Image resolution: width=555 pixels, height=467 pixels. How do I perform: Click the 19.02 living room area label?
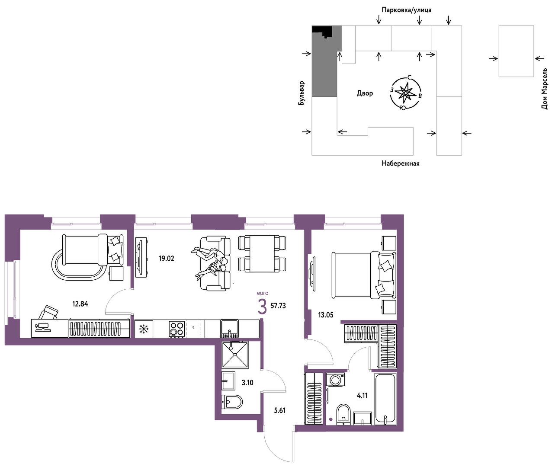(x=167, y=258)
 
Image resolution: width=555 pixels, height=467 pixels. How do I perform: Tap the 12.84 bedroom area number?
(x=80, y=304)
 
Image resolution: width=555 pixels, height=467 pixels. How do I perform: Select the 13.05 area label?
(x=326, y=315)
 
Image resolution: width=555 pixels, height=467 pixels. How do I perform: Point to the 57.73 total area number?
(x=278, y=306)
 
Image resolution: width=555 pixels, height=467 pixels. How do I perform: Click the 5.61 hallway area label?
(x=279, y=410)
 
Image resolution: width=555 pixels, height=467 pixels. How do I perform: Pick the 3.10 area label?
(x=247, y=383)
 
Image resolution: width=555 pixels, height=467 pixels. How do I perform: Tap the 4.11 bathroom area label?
(x=362, y=396)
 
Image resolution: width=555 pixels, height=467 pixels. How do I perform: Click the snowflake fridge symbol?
(x=144, y=329)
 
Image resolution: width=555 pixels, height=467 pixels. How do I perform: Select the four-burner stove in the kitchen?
(x=177, y=329)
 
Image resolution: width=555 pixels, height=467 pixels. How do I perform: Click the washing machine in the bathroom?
(x=335, y=380)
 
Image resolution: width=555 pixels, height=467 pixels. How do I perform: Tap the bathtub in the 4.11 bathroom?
(x=385, y=399)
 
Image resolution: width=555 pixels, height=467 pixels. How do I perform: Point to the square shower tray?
(x=235, y=355)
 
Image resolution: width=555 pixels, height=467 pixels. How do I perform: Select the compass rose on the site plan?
(x=405, y=93)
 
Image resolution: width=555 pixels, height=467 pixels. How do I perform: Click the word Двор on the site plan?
(x=365, y=93)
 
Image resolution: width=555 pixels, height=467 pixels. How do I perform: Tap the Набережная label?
(x=401, y=163)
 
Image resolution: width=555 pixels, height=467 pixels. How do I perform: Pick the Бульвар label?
(x=302, y=93)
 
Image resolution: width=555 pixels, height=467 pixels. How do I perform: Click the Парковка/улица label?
(x=407, y=10)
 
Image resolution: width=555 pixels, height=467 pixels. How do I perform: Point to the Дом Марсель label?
(x=544, y=89)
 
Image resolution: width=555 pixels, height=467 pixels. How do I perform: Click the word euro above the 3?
(x=263, y=293)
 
